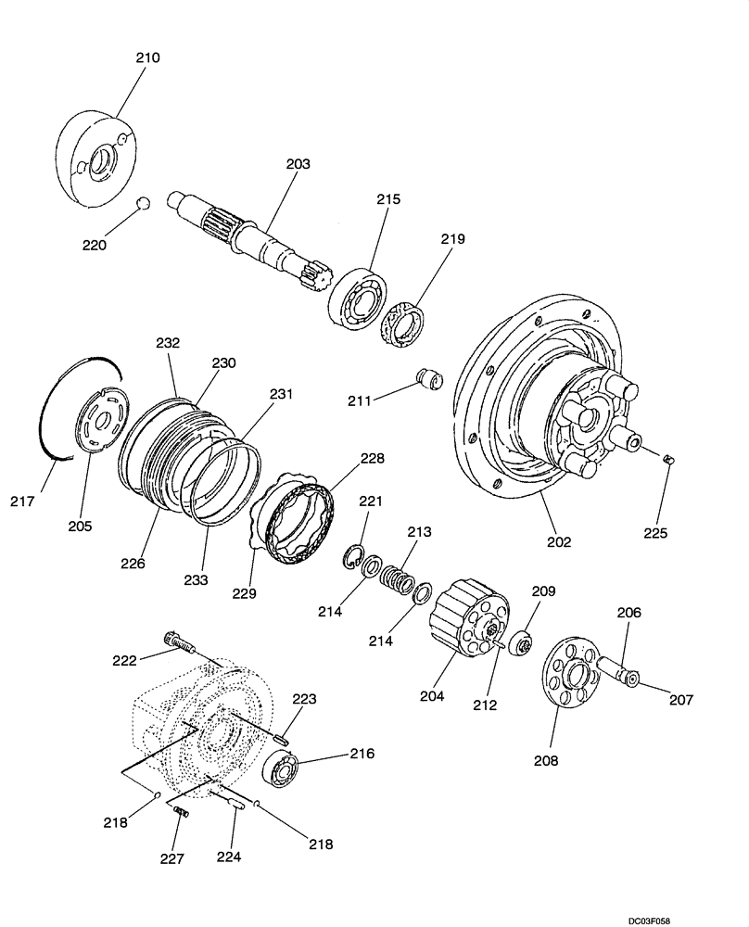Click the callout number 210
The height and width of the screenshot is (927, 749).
147,57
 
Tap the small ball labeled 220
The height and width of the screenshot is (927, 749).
143,204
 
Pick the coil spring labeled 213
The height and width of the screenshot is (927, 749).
397,577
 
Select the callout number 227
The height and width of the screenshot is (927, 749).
173,859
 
